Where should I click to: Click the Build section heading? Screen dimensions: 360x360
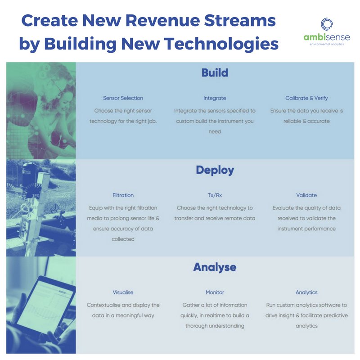215,73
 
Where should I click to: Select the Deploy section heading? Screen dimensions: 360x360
215,170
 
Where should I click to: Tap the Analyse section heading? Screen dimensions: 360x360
215,267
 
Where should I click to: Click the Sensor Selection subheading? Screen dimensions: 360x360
123,98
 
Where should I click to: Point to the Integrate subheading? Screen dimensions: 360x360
215,98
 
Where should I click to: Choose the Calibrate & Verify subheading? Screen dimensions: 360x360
306,98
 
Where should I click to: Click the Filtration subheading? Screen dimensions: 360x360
123,195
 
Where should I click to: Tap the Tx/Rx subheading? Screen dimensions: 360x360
215,195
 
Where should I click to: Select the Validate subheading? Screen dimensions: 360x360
306,195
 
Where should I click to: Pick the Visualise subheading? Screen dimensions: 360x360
123,292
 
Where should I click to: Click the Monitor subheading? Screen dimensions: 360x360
215,292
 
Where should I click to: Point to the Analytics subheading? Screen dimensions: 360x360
306,292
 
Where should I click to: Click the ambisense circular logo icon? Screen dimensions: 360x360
327,24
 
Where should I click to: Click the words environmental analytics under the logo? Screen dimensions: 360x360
327,45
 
